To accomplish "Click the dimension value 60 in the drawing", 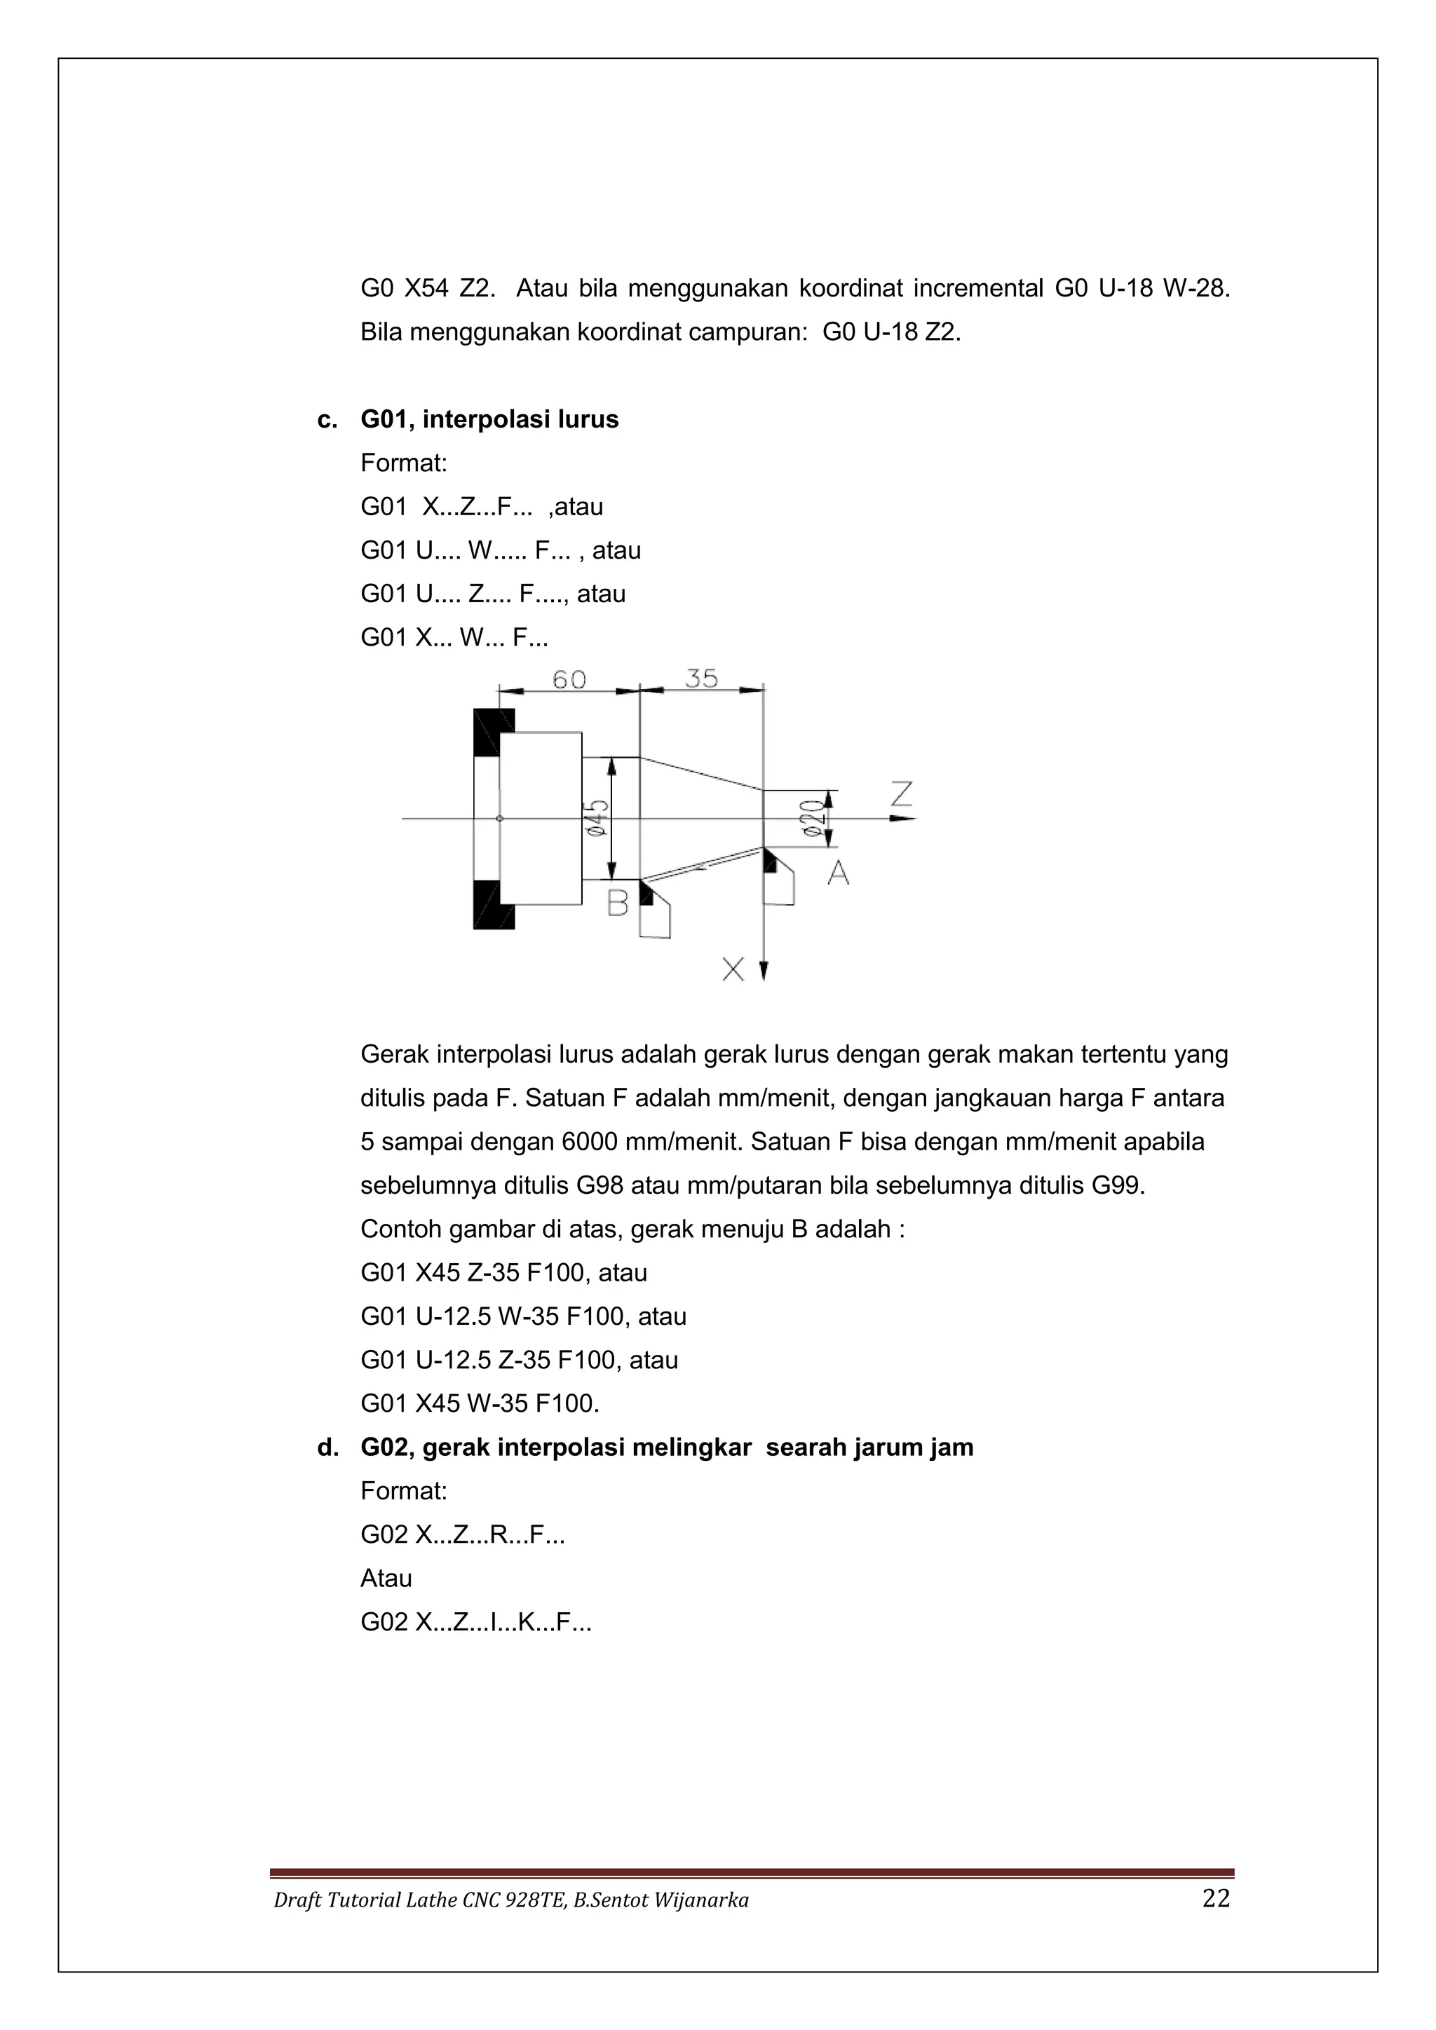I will point(569,680).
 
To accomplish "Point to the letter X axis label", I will point(733,970).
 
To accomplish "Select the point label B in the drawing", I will point(617,903).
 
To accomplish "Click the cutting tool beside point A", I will point(778,878).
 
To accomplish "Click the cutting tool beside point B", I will point(654,911).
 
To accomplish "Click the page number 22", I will point(1216,1899).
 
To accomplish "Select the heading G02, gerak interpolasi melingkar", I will point(666,1447).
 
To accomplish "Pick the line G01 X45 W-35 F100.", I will point(480,1403).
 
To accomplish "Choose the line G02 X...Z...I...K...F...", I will point(475,1621).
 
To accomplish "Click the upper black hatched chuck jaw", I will point(492,733).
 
